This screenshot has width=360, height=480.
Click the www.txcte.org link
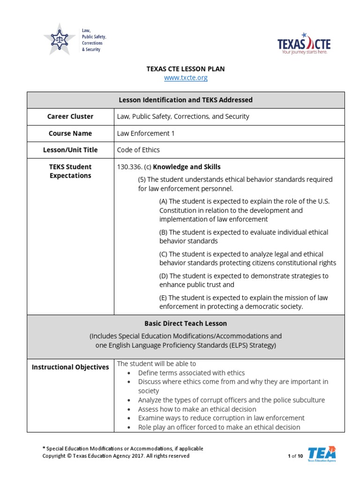(x=186, y=78)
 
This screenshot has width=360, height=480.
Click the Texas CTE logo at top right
(x=304, y=44)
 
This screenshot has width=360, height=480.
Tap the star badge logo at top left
(x=59, y=39)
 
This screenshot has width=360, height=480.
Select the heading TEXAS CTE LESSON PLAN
(x=186, y=69)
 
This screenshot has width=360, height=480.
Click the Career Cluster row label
(x=70, y=116)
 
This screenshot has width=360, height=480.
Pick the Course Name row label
(x=70, y=133)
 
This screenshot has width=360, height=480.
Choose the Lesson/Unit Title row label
(x=70, y=150)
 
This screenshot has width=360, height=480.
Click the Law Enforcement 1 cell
(x=145, y=133)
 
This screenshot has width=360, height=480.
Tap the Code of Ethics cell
(x=138, y=150)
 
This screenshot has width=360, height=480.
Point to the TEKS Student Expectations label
(x=70, y=171)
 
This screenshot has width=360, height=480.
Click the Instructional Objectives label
(x=70, y=367)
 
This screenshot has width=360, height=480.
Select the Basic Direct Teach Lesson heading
(x=186, y=323)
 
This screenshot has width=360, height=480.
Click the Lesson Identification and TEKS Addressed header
(x=186, y=100)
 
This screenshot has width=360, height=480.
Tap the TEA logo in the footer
(x=322, y=454)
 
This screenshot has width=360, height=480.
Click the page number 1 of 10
(x=295, y=456)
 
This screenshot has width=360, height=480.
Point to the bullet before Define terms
(x=129, y=373)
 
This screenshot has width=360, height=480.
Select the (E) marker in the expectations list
(x=163, y=298)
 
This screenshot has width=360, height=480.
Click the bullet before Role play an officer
(x=129, y=427)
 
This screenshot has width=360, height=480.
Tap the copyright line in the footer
(x=116, y=456)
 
